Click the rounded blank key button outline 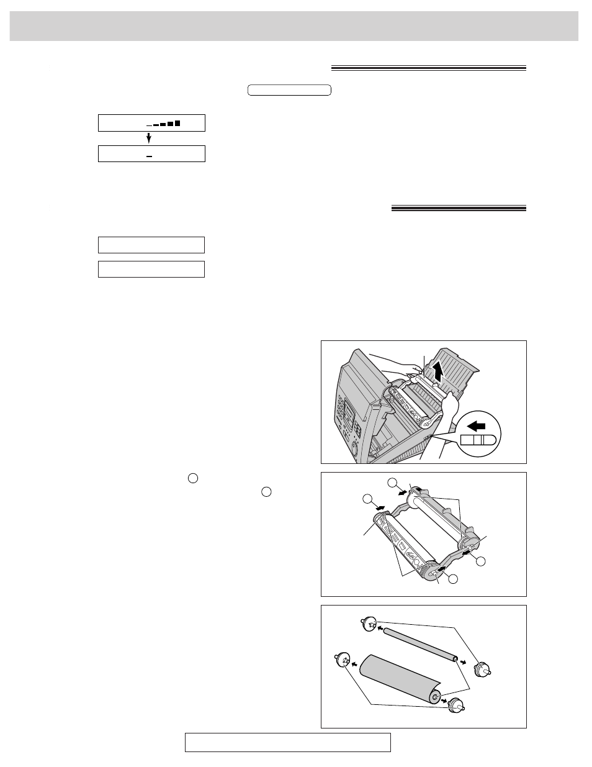[289, 90]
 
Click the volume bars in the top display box [167, 124]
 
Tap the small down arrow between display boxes [149, 137]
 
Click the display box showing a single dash [151, 154]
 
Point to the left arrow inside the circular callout [476, 427]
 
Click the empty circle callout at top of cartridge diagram [392, 483]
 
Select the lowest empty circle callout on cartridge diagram [453, 579]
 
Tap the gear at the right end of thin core [482, 670]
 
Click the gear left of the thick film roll [342, 659]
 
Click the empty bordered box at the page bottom [287, 742]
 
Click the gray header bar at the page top [294, 26]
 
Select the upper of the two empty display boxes [151, 245]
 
